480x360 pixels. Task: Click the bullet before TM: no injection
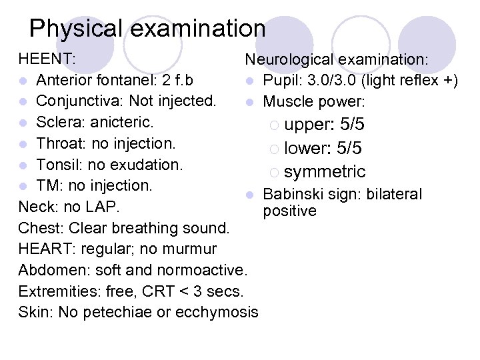pyautogui.click(x=23, y=185)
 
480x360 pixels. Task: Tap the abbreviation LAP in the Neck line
pyautogui.click(x=103, y=206)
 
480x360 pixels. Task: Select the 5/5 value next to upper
pyautogui.click(x=352, y=125)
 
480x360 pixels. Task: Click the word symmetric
pyautogui.click(x=325, y=171)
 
